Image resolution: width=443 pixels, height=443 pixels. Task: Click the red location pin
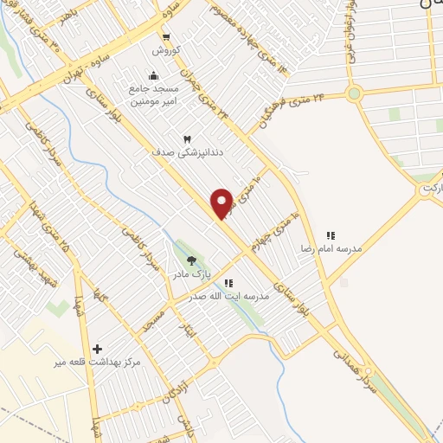pos(221,202)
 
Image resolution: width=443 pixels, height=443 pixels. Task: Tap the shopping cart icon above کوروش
pos(165,37)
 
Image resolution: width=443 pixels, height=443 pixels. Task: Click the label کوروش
pos(165,50)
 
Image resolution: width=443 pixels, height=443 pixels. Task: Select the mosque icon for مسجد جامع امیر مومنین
pos(153,75)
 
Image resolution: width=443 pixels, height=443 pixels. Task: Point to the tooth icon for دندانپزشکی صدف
pos(186,138)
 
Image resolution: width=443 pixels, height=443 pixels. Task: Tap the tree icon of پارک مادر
pos(191,260)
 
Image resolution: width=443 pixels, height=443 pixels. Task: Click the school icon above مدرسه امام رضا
pos(330,234)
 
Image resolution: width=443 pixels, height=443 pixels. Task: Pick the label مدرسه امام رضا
pos(330,248)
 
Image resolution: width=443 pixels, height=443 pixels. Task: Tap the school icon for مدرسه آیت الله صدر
pos(228,282)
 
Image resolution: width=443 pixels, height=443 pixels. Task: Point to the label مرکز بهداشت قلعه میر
pos(96,362)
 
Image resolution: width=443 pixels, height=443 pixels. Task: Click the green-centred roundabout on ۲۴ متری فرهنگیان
pos(353,93)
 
